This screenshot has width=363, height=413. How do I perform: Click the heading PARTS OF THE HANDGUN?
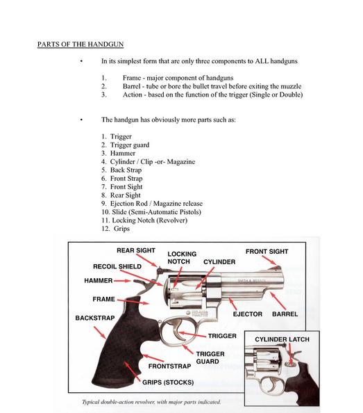[x=81, y=44]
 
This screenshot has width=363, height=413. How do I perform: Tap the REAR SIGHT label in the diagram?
[x=136, y=250]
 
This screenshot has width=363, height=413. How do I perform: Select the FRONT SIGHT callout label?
[x=267, y=252]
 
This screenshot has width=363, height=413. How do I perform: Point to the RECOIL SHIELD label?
[x=117, y=266]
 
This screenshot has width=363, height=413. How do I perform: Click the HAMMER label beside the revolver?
[x=99, y=280]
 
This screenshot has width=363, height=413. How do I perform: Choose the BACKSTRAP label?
[x=95, y=318]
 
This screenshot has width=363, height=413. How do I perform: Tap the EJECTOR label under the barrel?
[x=248, y=314]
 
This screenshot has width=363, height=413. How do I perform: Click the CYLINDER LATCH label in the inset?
[x=282, y=339]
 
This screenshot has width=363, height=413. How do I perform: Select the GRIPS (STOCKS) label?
[x=168, y=382]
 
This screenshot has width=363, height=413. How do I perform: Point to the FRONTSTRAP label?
[x=169, y=366]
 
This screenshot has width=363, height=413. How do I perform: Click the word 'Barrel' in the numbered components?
[x=131, y=86]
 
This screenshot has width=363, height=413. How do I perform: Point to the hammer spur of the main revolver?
[x=139, y=282]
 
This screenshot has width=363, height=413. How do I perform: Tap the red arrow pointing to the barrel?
[x=278, y=301]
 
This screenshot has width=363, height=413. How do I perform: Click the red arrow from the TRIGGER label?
[x=193, y=334]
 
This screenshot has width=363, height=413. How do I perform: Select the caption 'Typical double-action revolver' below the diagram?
[x=151, y=402]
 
